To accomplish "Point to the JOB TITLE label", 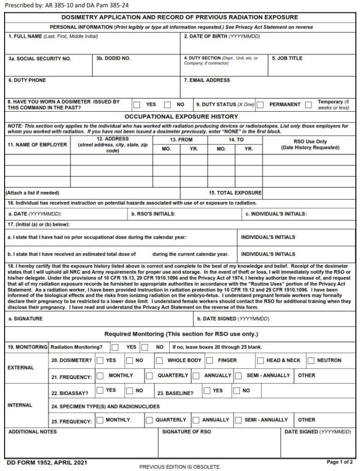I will (x=287, y=58).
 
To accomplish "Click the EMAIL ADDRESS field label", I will (x=207, y=80).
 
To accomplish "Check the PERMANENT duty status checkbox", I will (x=260, y=105).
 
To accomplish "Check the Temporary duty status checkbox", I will (x=309, y=105).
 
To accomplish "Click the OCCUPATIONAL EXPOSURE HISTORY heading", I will (x=181, y=117).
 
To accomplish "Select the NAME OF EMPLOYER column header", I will (x=37, y=145).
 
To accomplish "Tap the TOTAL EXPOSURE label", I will (x=235, y=193).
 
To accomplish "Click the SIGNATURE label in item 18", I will (x=26, y=318).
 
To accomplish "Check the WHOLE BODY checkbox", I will (x=159, y=361).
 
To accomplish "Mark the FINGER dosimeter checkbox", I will (x=209, y=361).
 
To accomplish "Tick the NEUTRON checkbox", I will (x=311, y=361).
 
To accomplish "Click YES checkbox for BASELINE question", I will (x=207, y=391).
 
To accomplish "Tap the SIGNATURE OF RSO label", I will (x=187, y=432).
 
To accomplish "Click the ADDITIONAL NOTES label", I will (x=33, y=432).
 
